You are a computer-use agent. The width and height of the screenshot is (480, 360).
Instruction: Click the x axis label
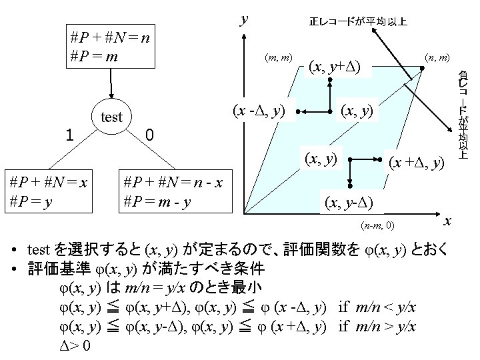(x=448, y=221)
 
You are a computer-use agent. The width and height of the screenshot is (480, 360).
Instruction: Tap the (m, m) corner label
(x=276, y=59)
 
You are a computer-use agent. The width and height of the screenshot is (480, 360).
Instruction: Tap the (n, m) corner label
(x=437, y=59)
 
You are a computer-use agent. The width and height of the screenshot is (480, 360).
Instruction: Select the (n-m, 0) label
(x=379, y=225)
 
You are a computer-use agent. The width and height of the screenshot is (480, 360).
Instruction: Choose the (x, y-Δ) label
(x=349, y=201)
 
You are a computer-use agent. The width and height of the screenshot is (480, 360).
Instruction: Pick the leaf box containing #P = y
(x=49, y=192)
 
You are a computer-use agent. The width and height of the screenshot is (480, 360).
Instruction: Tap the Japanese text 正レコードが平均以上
(x=358, y=22)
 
